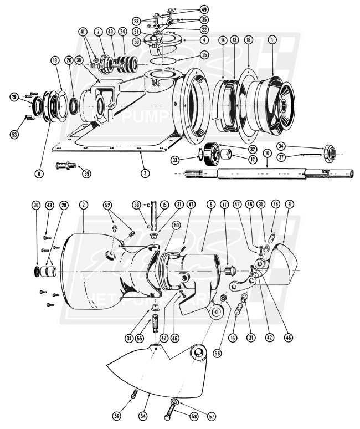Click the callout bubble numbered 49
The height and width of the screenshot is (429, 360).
[x=188, y=9]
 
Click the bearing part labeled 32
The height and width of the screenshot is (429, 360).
[x=211, y=152]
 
